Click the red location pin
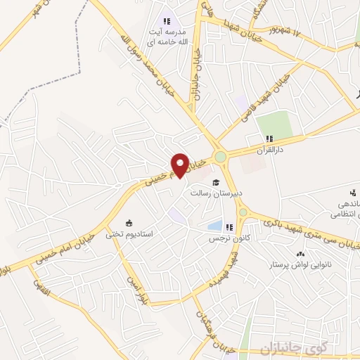pyautogui.click(x=180, y=165)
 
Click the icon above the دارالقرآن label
pyautogui.click(x=268, y=138)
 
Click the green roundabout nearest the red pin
pyautogui.click(x=221, y=156)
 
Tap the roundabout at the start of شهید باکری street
pyautogui.click(x=243, y=212)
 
